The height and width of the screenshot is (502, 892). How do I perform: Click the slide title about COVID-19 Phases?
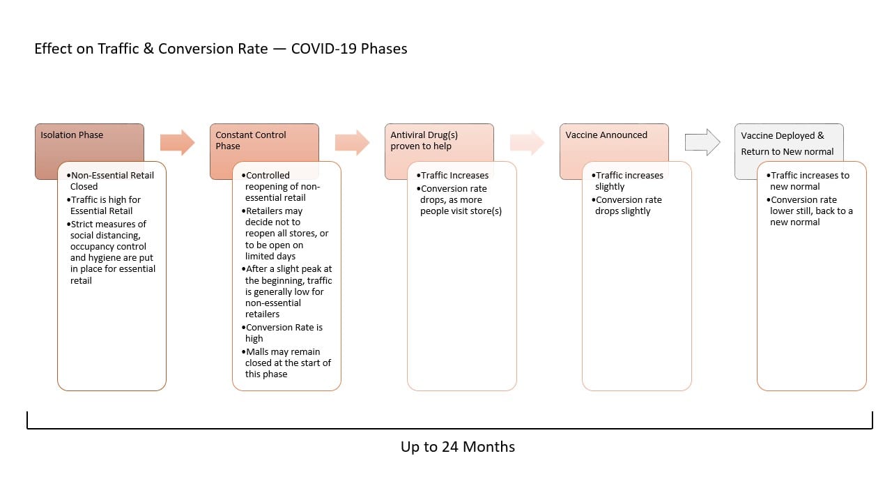(x=221, y=49)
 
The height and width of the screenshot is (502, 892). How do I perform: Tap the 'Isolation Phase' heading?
(x=72, y=135)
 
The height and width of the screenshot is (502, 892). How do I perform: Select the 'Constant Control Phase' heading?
(x=251, y=140)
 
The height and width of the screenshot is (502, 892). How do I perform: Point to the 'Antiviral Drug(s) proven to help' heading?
(x=424, y=140)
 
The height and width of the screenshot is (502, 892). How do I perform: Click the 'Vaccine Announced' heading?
(x=606, y=135)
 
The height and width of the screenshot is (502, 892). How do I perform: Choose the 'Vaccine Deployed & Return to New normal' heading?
(x=787, y=144)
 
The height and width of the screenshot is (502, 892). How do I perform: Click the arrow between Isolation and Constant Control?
(x=177, y=142)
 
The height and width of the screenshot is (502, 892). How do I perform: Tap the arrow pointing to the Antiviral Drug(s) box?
(x=352, y=142)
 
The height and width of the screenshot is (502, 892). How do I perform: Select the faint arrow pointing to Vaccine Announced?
(x=527, y=142)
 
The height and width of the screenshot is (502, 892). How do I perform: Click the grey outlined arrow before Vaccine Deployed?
(x=702, y=142)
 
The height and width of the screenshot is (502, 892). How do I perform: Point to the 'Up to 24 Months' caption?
(x=458, y=447)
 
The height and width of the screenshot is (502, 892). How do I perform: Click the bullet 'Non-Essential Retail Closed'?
(x=110, y=181)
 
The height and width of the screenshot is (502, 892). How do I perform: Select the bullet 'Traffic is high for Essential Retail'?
(x=104, y=205)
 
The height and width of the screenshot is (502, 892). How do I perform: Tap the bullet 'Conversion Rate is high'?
(x=282, y=333)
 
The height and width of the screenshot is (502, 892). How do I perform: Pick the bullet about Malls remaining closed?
(x=286, y=363)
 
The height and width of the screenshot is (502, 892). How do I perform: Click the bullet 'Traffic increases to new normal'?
(x=808, y=181)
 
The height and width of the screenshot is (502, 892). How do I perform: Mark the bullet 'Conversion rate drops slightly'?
(x=626, y=205)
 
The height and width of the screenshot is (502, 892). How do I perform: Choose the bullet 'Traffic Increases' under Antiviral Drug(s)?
(x=452, y=175)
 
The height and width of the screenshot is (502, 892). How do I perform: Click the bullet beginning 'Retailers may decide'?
(x=285, y=234)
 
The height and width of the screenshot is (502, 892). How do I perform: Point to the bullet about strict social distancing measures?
(x=111, y=252)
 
